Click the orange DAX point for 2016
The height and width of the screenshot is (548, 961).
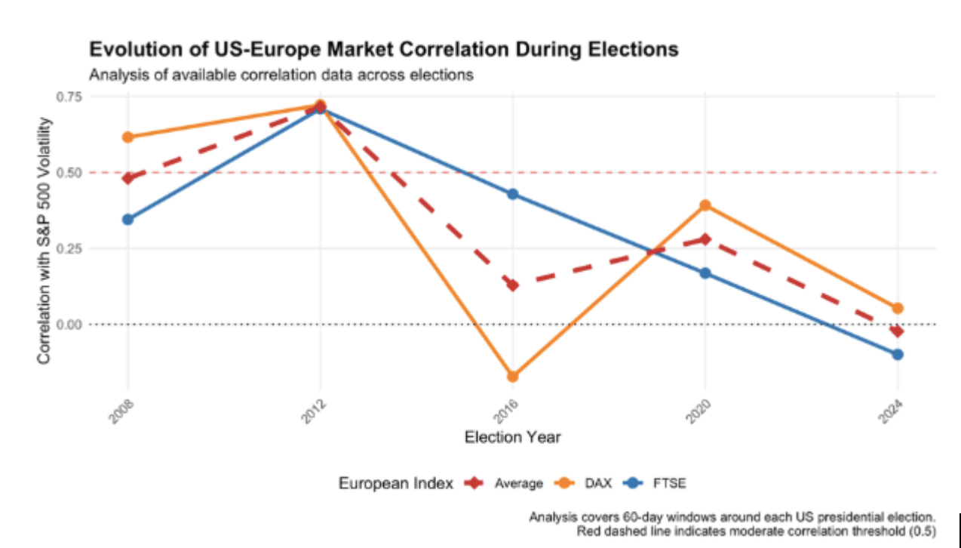pos(513,376)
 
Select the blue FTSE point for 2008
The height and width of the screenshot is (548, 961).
pos(127,220)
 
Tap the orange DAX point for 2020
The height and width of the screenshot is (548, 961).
pos(705,205)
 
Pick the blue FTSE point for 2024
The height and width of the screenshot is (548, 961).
pos(898,354)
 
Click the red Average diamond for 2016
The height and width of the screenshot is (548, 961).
pos(513,285)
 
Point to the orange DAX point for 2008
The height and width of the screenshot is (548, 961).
pos(127,137)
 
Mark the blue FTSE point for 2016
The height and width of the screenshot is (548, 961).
pos(513,194)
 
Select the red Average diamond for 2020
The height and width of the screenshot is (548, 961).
pos(705,239)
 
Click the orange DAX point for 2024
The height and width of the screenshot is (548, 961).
pos(898,308)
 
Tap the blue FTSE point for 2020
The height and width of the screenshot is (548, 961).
pos(705,272)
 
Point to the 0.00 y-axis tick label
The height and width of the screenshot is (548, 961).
pos(69,325)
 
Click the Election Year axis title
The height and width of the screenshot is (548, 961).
pos(512,437)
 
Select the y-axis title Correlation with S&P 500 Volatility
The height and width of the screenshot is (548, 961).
pos(45,241)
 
